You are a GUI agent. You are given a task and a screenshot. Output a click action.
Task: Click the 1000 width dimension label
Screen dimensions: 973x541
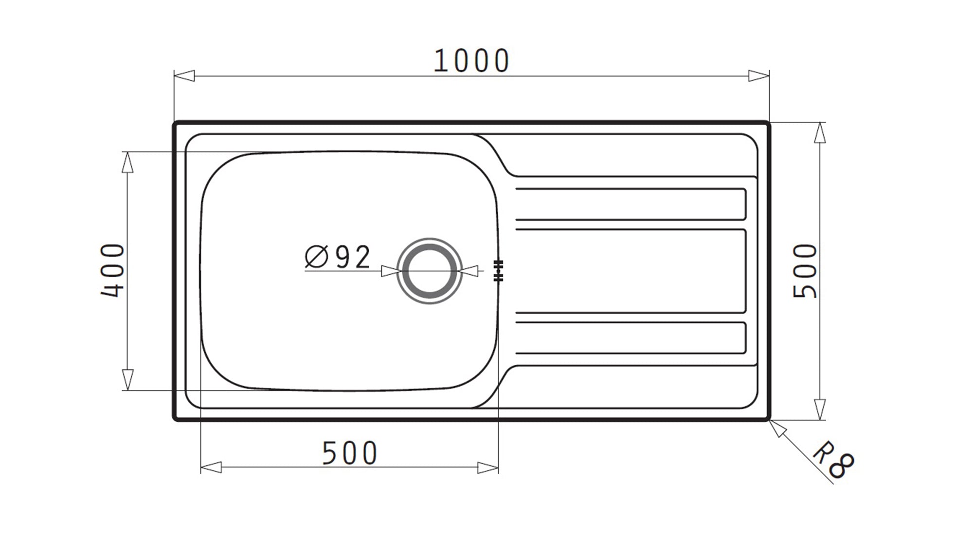[471, 61]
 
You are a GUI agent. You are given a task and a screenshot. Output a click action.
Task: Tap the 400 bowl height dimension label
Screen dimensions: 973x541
[113, 270]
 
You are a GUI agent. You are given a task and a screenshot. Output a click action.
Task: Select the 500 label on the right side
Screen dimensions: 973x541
[805, 271]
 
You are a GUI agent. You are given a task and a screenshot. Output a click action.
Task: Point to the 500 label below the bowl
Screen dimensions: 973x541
[349, 453]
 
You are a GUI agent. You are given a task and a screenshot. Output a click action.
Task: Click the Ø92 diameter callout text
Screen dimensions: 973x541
[338, 257]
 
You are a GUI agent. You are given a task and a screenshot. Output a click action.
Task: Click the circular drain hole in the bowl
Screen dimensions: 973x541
[429, 271]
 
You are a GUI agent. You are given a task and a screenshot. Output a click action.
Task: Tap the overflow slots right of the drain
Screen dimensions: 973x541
[498, 271]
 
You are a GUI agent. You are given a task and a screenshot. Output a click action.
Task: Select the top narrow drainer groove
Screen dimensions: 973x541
[631, 204]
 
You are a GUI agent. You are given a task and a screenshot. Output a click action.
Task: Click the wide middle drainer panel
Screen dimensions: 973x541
[631, 271]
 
